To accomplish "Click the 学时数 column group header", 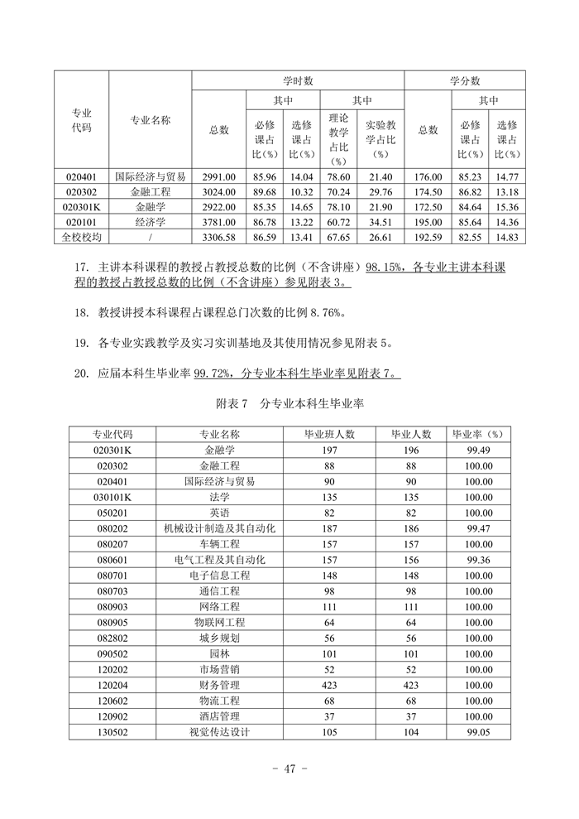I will click(x=298, y=80).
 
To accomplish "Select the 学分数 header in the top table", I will click(x=465, y=80).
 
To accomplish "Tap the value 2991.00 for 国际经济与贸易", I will click(x=218, y=176).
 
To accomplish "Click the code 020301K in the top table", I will click(x=81, y=206).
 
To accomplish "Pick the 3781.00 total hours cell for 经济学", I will click(x=218, y=222).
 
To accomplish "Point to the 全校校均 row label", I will click(x=81, y=237).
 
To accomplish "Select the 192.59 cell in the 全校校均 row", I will click(x=428, y=237).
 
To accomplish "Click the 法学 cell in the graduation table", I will click(x=219, y=497).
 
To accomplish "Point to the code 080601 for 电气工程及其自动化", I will click(x=112, y=560).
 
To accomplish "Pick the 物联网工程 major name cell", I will click(x=219, y=622).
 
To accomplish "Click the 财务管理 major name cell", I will click(x=219, y=685).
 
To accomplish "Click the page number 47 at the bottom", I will click(x=289, y=769).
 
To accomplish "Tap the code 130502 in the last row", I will click(x=112, y=732).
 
